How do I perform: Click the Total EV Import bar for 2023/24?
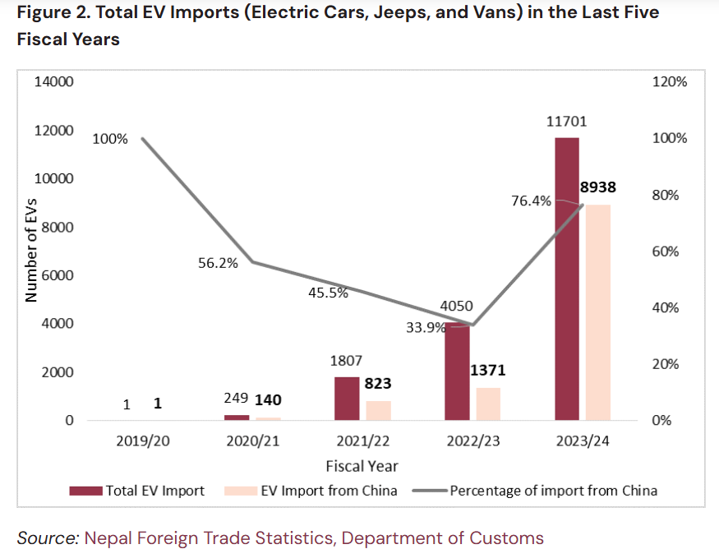(x=566, y=279)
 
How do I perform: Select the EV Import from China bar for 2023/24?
(x=598, y=312)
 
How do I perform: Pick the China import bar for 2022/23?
(x=488, y=404)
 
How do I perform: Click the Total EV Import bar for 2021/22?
(x=347, y=399)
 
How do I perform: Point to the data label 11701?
(x=567, y=122)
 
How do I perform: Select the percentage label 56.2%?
(x=218, y=263)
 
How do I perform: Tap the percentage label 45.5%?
(x=328, y=292)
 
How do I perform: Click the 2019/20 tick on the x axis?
(x=143, y=441)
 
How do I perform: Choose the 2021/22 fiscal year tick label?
(x=362, y=441)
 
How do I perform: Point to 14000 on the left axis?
(x=53, y=82)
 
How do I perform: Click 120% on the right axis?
(x=668, y=82)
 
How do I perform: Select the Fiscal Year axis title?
(x=362, y=466)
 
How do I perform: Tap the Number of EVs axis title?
(x=32, y=251)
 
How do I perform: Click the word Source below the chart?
(x=46, y=538)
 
